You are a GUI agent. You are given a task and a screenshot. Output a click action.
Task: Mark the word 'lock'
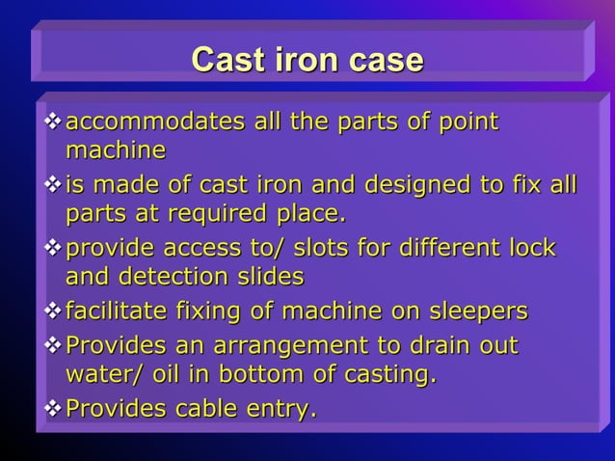tap(531, 248)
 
